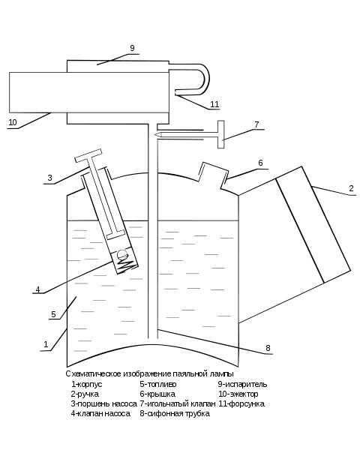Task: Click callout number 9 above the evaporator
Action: (x=132, y=48)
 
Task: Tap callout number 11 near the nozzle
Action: (x=214, y=104)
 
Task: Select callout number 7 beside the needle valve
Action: (x=256, y=124)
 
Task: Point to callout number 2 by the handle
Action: (x=351, y=188)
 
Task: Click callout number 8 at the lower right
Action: (x=268, y=348)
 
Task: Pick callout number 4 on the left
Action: (x=38, y=289)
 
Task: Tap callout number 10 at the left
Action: (x=13, y=122)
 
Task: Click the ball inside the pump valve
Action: (x=121, y=253)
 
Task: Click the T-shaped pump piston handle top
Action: (x=88, y=155)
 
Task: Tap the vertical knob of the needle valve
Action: (x=220, y=134)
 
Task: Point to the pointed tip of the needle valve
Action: (x=155, y=134)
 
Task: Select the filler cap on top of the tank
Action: (x=213, y=175)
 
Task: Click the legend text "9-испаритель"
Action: (x=242, y=384)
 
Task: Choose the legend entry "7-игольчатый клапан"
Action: (x=178, y=403)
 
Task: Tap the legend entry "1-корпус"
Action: (x=87, y=384)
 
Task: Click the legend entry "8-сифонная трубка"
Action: (x=175, y=413)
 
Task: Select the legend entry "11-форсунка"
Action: (x=241, y=403)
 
